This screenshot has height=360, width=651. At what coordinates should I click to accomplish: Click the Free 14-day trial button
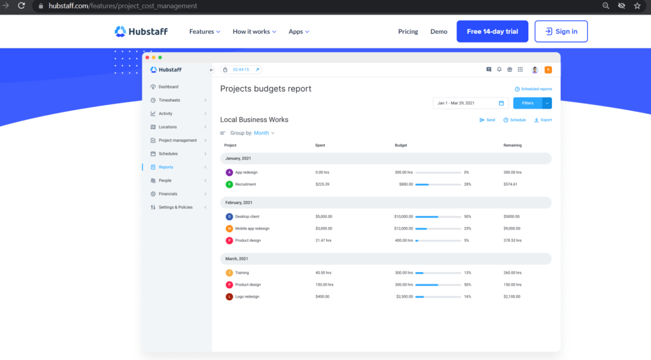point(492,32)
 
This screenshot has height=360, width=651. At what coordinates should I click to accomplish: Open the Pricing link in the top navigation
point(408,32)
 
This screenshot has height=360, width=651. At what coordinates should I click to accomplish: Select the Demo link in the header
point(439,32)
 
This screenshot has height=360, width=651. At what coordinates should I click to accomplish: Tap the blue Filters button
point(527,103)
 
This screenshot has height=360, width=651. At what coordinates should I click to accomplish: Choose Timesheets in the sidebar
point(169,100)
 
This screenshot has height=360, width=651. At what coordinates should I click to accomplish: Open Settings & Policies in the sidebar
point(175,207)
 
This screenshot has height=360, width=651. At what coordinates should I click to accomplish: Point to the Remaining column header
point(512,146)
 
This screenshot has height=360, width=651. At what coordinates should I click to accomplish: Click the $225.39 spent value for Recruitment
point(322,184)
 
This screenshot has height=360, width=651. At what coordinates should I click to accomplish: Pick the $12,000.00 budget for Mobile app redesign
point(404,228)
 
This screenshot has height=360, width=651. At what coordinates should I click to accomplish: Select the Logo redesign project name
point(247,297)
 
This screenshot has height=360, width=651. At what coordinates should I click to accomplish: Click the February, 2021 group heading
point(239,203)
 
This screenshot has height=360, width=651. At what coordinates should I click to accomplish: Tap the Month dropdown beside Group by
point(264,133)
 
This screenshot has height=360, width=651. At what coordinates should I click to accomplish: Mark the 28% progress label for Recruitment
point(467,184)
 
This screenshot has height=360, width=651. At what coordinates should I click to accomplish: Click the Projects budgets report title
point(266,89)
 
